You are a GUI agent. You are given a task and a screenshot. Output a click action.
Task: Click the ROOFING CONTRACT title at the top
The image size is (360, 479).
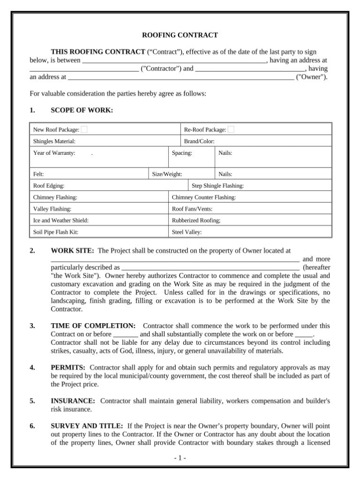tap(180, 35)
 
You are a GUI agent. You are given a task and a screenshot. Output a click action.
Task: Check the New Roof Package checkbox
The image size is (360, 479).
tap(84, 129)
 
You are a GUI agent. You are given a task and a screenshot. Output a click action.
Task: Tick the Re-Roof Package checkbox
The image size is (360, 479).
tap(231, 129)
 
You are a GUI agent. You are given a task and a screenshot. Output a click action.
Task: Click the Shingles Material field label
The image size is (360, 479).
tap(54, 141)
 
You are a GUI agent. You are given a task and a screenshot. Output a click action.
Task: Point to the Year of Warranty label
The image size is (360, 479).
tap(54, 153)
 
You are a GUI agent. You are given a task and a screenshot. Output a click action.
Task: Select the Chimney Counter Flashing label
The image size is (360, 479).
tap(204, 198)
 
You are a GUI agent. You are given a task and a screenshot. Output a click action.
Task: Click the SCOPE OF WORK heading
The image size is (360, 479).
tap(82, 110)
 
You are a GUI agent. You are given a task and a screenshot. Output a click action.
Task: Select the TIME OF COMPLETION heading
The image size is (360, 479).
tap(93, 326)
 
